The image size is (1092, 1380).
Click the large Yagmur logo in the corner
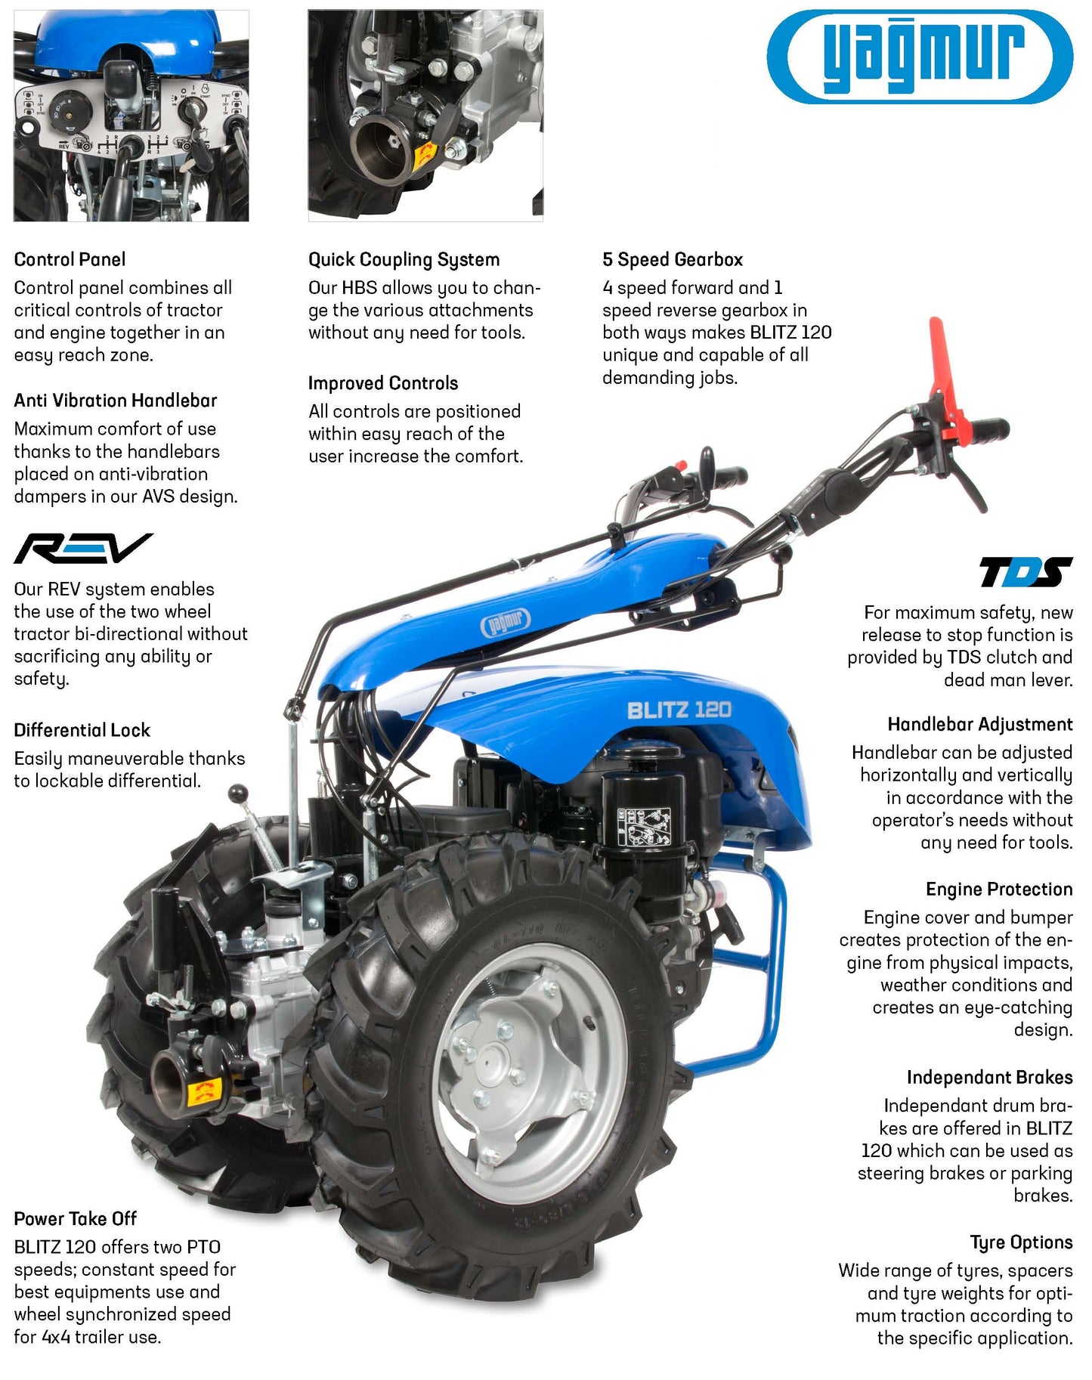coord(920,56)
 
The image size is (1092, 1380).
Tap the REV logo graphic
coord(83,548)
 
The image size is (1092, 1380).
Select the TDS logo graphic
coord(1025,572)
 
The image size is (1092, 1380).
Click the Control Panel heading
coord(70,259)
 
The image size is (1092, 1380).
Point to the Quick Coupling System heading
coord(404,260)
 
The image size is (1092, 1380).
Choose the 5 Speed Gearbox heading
coord(673,260)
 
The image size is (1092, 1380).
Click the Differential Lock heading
coord(82,730)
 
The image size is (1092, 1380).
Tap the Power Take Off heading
coord(75,1218)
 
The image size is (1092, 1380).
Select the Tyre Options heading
coord(1021,1242)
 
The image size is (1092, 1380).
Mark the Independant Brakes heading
coord(989,1077)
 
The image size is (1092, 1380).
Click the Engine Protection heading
coord(999,890)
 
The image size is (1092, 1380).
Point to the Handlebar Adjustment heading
coord(980,725)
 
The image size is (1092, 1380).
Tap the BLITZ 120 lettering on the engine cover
coord(679,710)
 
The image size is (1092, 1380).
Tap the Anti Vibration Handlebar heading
coord(115,401)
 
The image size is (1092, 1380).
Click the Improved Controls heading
coord(382,384)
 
